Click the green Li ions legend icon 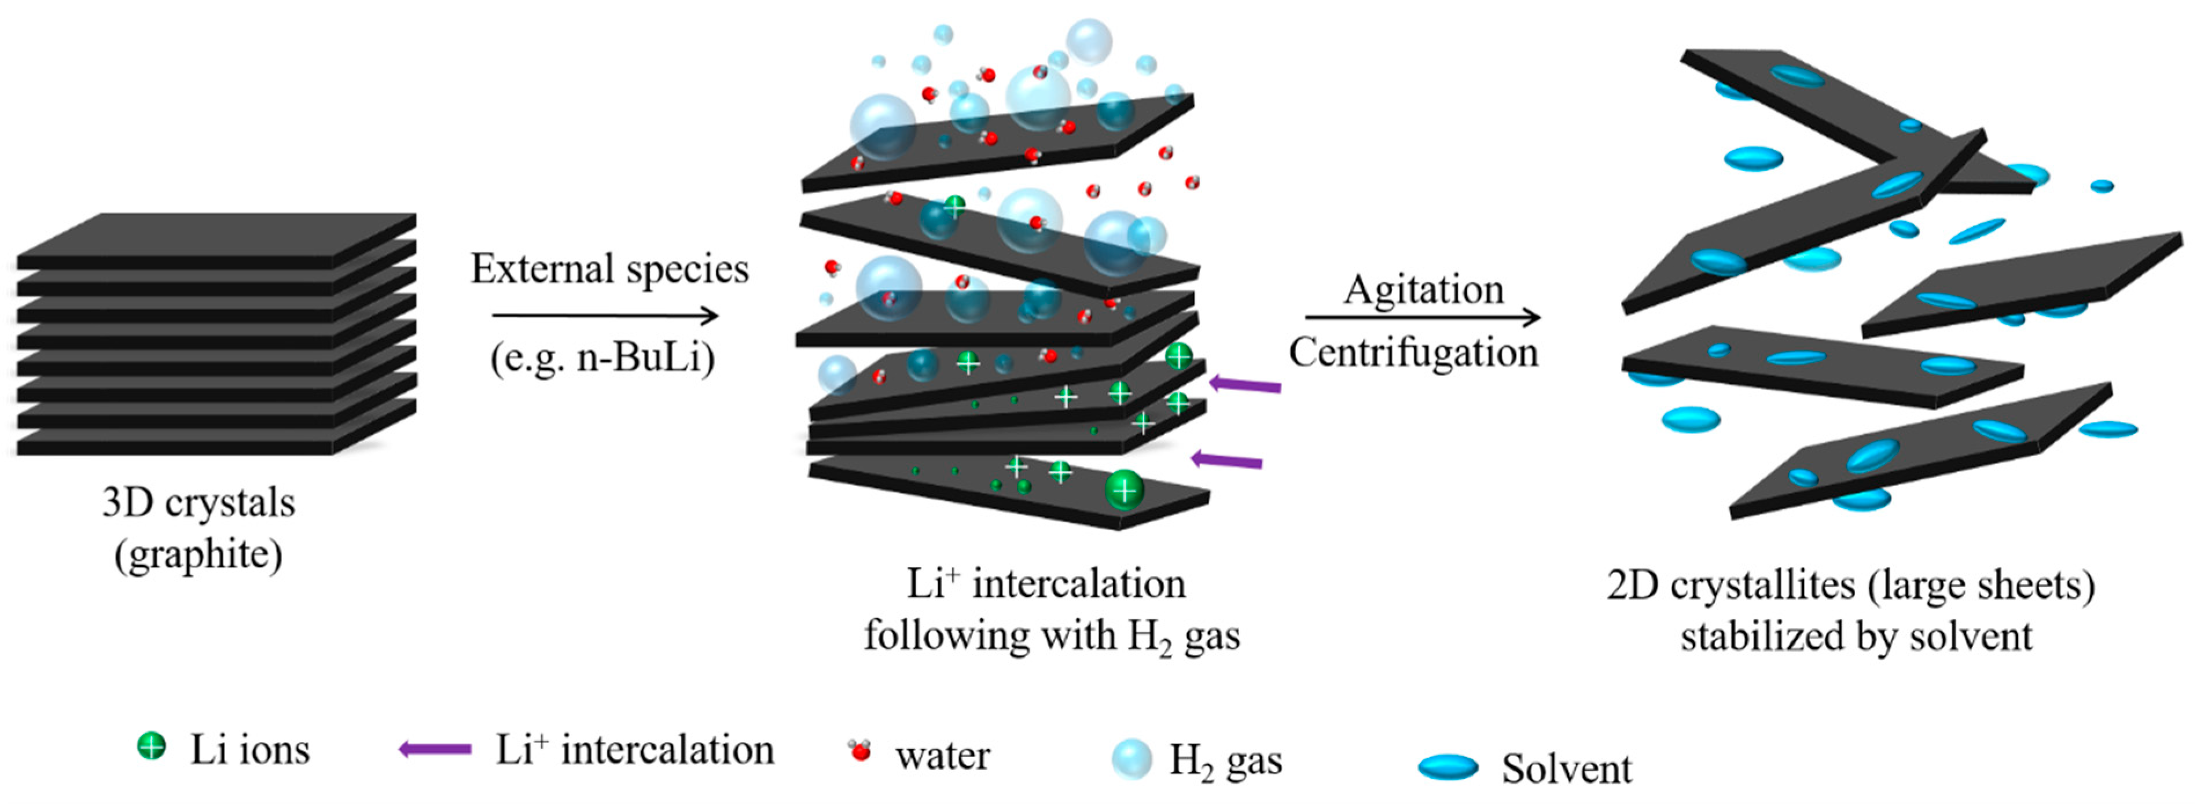pyautogui.click(x=151, y=747)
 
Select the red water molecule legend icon pyautogui.click(x=859, y=751)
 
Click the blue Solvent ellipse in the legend pyautogui.click(x=1447, y=766)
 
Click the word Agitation pyautogui.click(x=1423, y=290)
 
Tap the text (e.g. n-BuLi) pyautogui.click(x=602, y=358)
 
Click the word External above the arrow pyautogui.click(x=542, y=269)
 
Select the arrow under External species pyautogui.click(x=604, y=316)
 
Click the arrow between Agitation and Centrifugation pyautogui.click(x=1423, y=318)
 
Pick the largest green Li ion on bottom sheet pyautogui.click(x=1124, y=490)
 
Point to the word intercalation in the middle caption pyautogui.click(x=1079, y=584)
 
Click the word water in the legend pyautogui.click(x=942, y=755)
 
